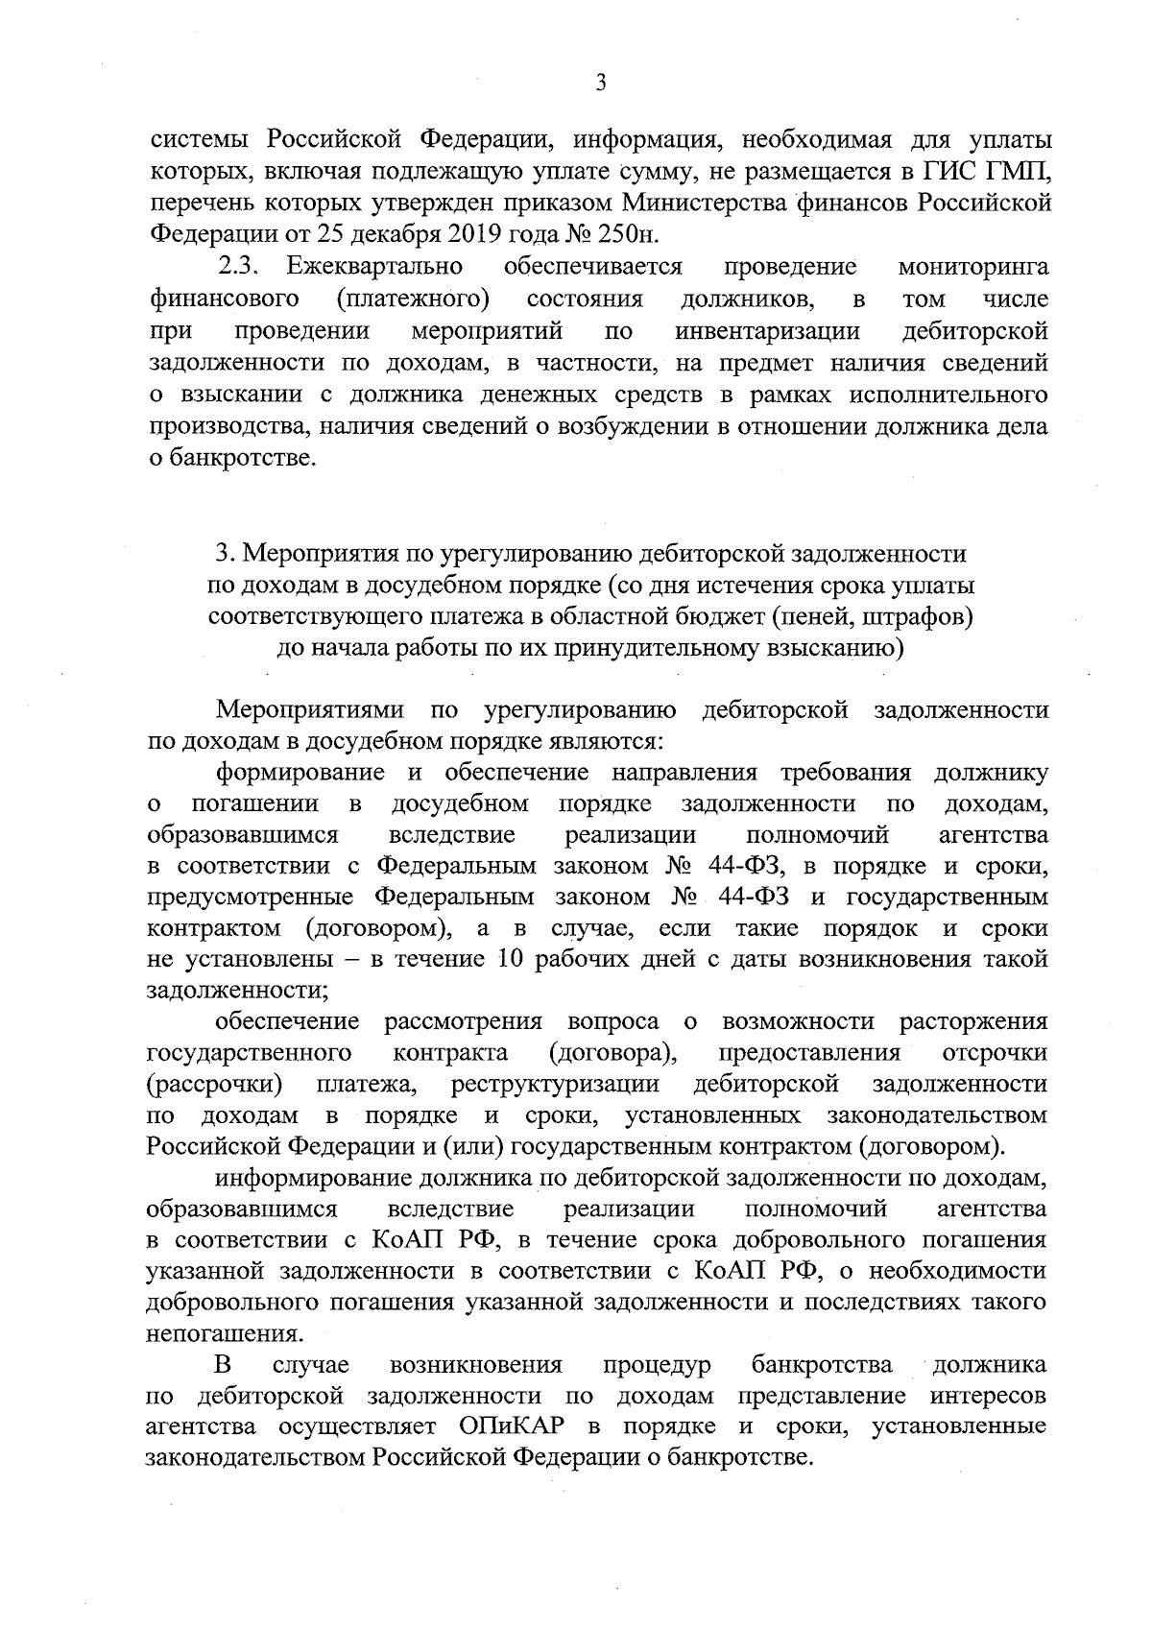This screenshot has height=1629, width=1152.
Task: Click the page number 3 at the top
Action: [x=600, y=84]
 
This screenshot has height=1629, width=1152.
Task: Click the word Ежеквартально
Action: [x=374, y=266]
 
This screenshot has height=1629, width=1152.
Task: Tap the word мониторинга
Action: [x=972, y=266]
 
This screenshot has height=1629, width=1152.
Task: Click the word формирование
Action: [x=300, y=773]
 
